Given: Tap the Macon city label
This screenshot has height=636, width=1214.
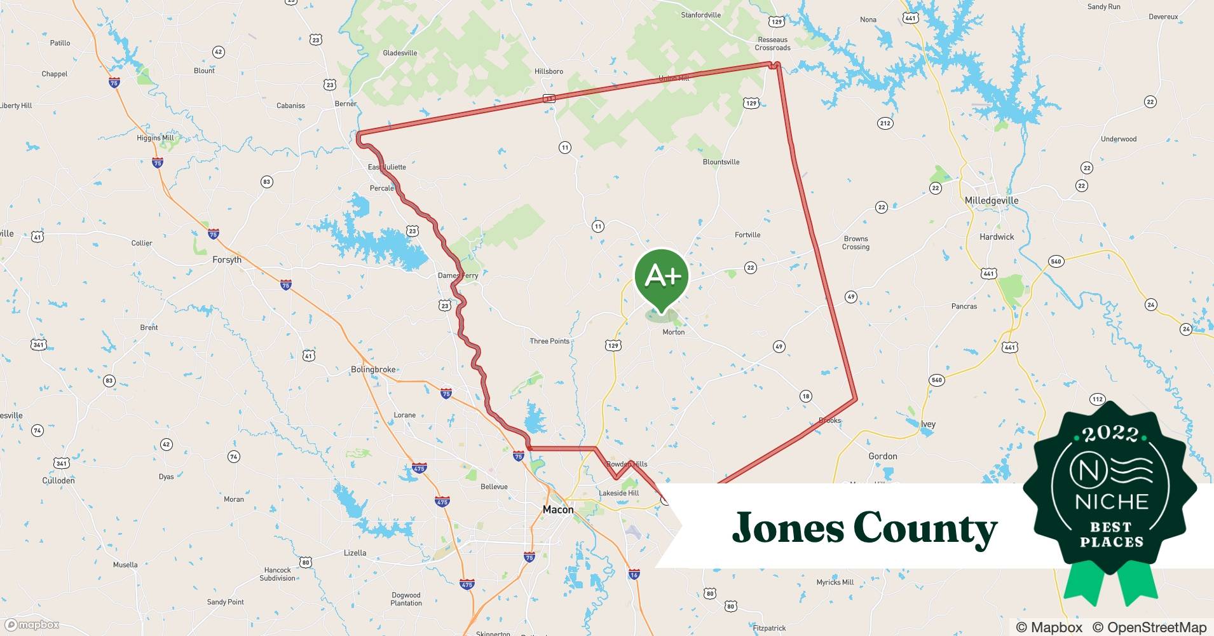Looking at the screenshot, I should coord(558,509).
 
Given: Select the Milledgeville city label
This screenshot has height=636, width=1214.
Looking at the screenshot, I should coord(992,200).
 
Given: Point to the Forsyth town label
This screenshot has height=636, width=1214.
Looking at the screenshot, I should coord(227,259).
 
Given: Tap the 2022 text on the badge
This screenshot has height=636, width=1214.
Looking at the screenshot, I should coord(1110,434).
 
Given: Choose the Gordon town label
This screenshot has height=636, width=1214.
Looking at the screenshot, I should coord(883,456).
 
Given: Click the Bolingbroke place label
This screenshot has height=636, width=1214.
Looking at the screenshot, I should coord(373,370).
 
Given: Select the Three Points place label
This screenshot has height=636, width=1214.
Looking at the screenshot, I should coord(550,342).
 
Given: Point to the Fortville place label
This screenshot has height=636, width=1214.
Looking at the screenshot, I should coord(747,235).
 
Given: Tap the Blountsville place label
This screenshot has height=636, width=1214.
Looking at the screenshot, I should coord(721,162).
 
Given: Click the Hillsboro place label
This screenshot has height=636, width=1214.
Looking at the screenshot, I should coord(549,71).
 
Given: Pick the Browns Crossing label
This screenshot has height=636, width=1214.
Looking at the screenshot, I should coord(856,243).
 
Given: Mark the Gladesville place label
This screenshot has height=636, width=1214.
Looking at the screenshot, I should coord(400,53).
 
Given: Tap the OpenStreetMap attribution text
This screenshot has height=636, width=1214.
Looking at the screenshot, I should coord(1149,627).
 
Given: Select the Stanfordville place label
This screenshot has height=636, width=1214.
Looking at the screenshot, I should coord(700,15).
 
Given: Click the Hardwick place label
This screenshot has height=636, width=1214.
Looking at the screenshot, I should coord(997,237).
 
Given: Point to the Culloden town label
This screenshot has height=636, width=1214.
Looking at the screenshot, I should coord(58,481).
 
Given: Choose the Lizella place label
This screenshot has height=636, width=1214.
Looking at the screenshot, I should coord(355,553).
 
